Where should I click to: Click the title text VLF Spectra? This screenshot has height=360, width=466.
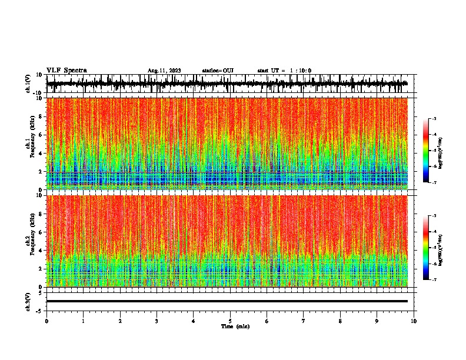pos(66,70)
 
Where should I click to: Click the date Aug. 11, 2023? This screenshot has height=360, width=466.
pos(164,71)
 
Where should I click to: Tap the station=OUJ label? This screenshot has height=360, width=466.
pos(218,71)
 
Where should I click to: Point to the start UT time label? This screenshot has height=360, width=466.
pos(284,71)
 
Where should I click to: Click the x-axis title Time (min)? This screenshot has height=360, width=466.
pos(234,326)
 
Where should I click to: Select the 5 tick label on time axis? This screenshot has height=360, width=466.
pos(230,321)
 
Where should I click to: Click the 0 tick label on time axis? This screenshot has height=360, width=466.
pos(46,321)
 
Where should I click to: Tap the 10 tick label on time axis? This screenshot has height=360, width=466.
pos(414,321)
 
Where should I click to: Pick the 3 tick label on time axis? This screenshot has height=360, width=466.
pos(157,321)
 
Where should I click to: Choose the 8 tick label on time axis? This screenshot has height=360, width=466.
pos(340,321)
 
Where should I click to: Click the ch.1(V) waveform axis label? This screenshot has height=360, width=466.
pos(28,84)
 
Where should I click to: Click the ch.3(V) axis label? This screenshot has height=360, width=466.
pos(28,301)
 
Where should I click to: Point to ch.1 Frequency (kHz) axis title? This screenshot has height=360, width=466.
pos(31,144)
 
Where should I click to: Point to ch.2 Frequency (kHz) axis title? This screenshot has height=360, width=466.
pos(31,241)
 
